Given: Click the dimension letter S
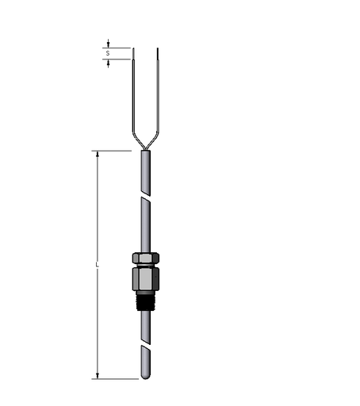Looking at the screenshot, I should pyautogui.click(x=108, y=53).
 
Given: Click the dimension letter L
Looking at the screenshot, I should pyautogui.click(x=97, y=265).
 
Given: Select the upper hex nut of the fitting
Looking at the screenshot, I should pyautogui.click(x=145, y=258).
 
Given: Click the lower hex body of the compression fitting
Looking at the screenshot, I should pyautogui.click(x=145, y=278).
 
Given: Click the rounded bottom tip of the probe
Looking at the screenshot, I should pyautogui.click(x=145, y=375).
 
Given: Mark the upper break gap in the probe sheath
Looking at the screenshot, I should pyautogui.click(x=145, y=194).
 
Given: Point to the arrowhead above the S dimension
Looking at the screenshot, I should pyautogui.click(x=108, y=44).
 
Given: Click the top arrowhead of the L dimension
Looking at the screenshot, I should pyautogui.click(x=97, y=155).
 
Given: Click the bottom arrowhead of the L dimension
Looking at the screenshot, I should pyautogui.click(x=97, y=374).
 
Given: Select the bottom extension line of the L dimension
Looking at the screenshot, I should pyautogui.click(x=115, y=379).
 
